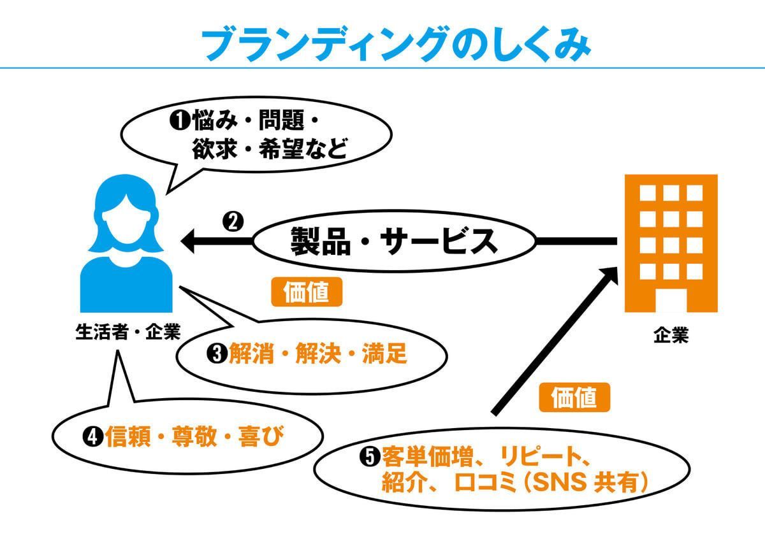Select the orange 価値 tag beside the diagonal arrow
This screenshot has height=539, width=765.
(574, 398)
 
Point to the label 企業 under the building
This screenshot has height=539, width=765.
(671, 336)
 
